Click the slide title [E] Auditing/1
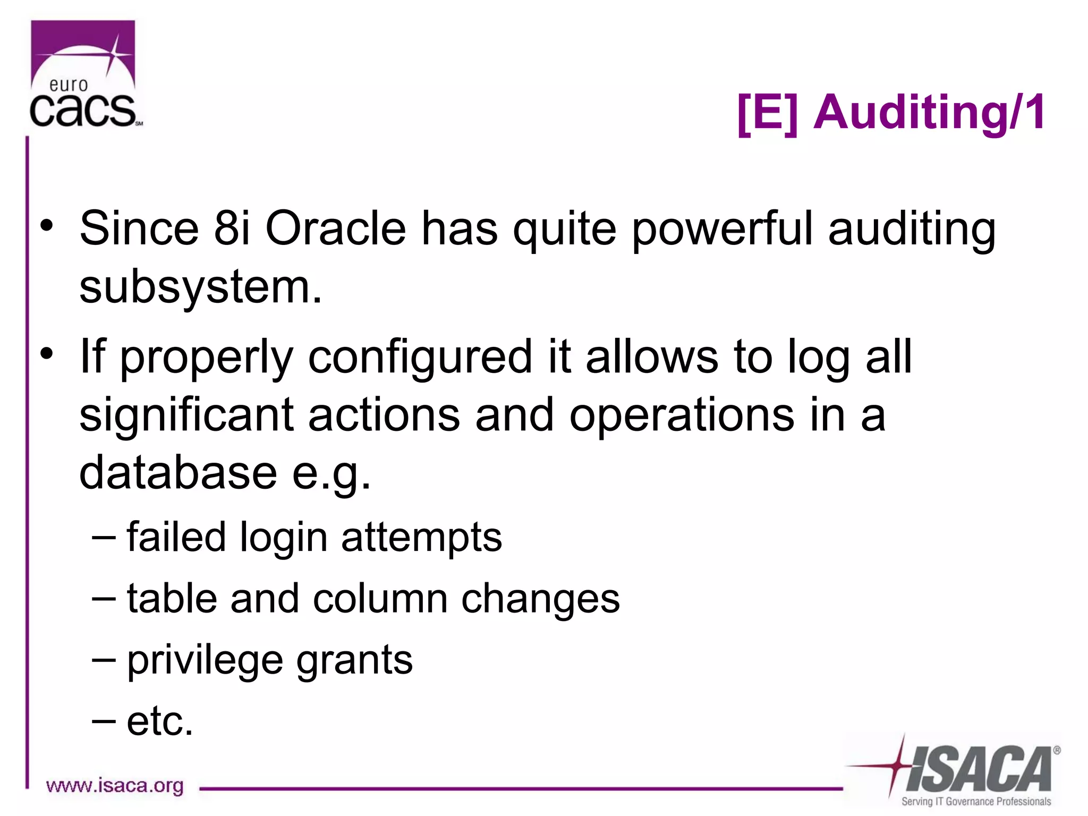tap(891, 113)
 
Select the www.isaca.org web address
tap(115, 785)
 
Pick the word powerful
tap(722, 229)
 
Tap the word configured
tap(420, 357)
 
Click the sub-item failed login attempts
tap(313, 537)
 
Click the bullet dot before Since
tap(47, 225)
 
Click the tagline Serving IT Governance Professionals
tap(975, 802)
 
